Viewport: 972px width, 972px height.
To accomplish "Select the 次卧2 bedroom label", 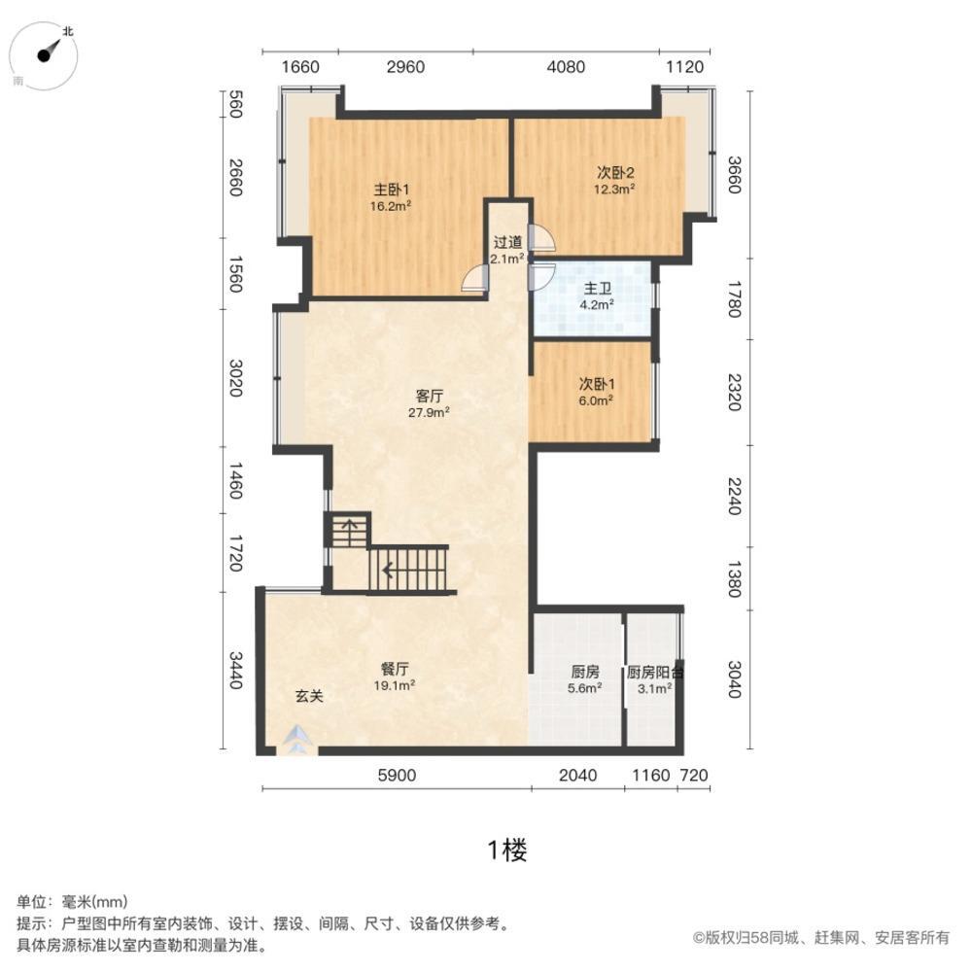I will (615, 173).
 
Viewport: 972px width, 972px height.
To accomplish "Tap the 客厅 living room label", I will (430, 396).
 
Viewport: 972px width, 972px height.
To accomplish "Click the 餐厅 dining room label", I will (394, 669).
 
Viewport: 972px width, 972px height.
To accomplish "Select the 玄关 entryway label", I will (309, 696).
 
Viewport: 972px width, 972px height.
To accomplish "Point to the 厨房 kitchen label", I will (584, 672).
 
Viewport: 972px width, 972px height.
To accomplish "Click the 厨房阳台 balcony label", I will (654, 672).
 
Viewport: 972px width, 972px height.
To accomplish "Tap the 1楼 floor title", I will (506, 851).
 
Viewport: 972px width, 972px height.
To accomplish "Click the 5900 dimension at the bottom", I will (396, 775).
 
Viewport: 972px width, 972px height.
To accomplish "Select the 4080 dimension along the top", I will (566, 67).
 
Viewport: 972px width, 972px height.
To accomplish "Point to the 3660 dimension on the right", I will (734, 175).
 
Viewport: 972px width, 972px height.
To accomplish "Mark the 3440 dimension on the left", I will (233, 671).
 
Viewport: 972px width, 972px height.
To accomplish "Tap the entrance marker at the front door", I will (295, 741).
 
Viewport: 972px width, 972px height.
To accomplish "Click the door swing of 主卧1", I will (473, 279).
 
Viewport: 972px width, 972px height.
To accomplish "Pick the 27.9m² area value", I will (429, 412).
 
